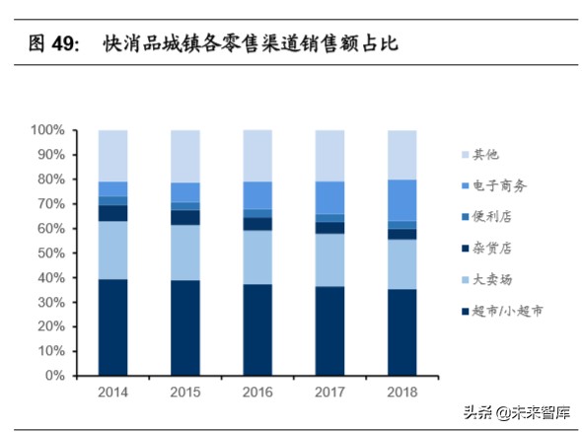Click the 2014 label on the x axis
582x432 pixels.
(x=112, y=393)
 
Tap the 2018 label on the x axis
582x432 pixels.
(x=402, y=393)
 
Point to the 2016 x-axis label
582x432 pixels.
(x=257, y=393)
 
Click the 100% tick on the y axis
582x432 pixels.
(x=47, y=130)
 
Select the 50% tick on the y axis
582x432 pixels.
(x=51, y=253)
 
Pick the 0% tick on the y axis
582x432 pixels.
(x=55, y=377)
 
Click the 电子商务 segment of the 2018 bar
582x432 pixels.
(x=402, y=200)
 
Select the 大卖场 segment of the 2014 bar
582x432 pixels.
(x=112, y=250)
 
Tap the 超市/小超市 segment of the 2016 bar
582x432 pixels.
(x=257, y=330)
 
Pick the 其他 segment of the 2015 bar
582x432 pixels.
(x=185, y=156)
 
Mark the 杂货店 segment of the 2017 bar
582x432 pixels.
(x=329, y=228)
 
